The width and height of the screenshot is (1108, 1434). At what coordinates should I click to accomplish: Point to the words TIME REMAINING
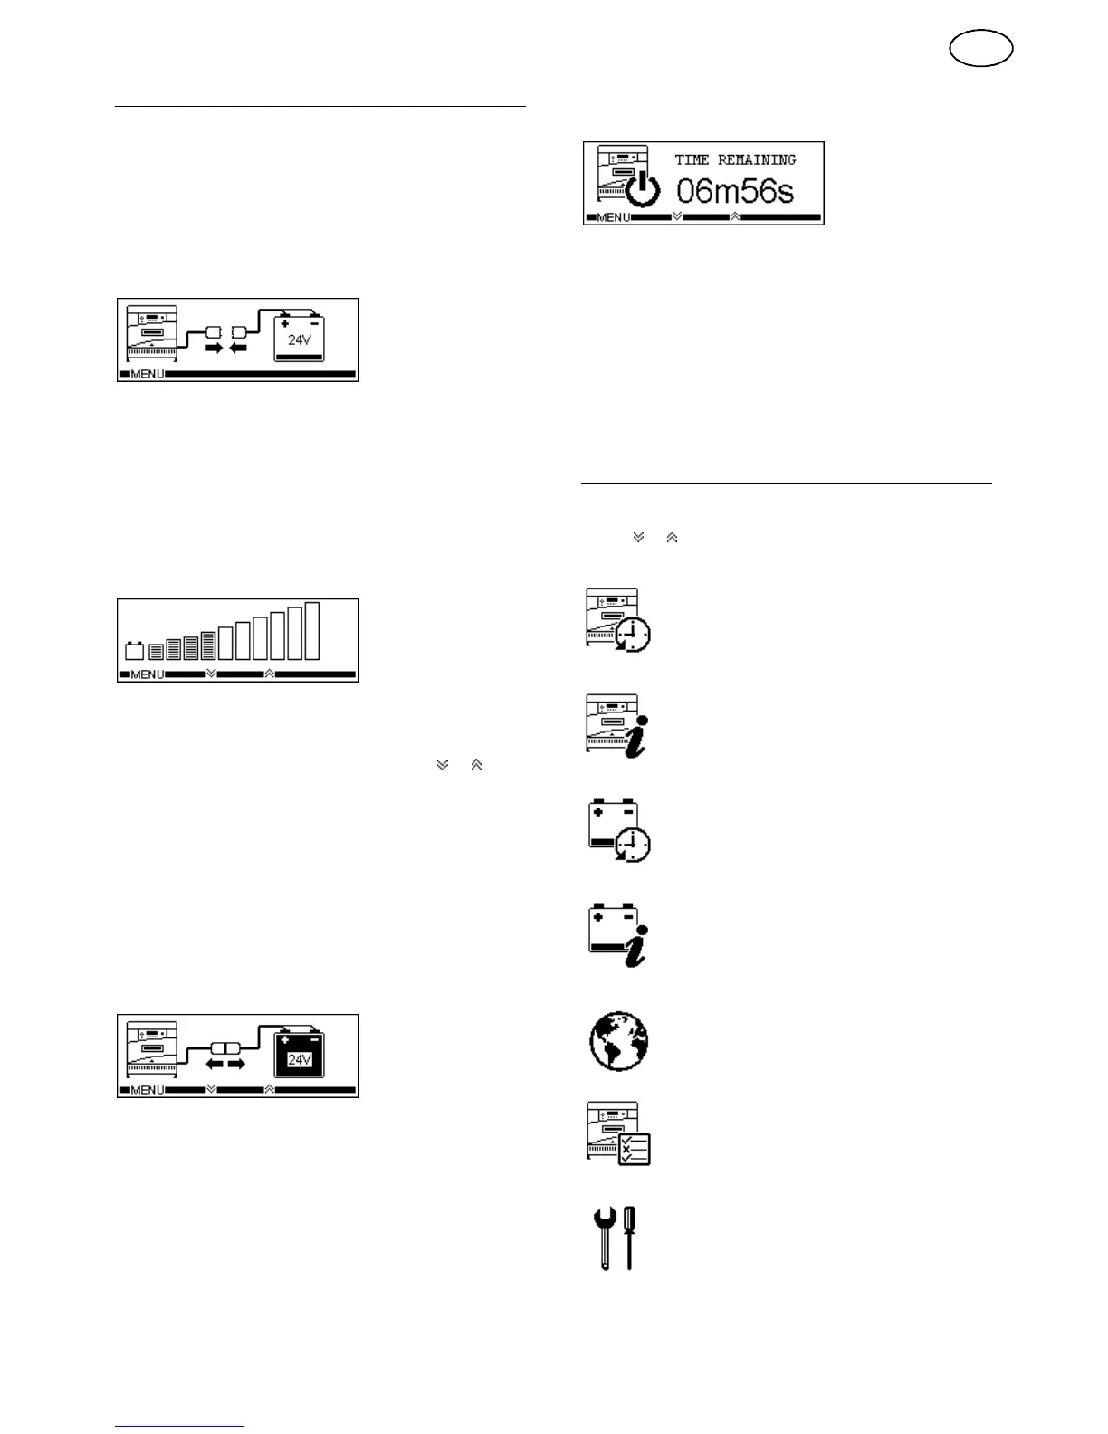(735, 160)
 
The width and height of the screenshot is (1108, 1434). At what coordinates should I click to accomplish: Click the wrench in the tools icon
(604, 1238)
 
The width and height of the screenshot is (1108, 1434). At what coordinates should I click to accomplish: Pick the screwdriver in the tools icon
(629, 1238)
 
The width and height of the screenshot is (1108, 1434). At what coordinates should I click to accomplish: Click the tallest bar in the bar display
(312, 630)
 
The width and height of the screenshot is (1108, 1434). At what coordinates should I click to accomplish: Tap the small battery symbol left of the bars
(134, 650)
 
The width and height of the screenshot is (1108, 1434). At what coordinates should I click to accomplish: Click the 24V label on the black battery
(299, 1059)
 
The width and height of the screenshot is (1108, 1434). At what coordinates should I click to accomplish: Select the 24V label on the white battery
(299, 341)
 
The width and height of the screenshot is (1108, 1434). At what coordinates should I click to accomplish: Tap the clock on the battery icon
(633, 845)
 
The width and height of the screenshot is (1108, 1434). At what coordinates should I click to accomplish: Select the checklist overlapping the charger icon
(634, 1148)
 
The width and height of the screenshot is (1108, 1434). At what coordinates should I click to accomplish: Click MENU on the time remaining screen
(613, 218)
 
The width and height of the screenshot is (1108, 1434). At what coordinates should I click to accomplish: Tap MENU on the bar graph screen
(148, 675)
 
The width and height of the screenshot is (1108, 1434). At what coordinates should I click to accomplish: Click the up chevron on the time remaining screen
(734, 217)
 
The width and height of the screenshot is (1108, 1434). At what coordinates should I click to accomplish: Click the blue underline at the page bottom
(179, 1427)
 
